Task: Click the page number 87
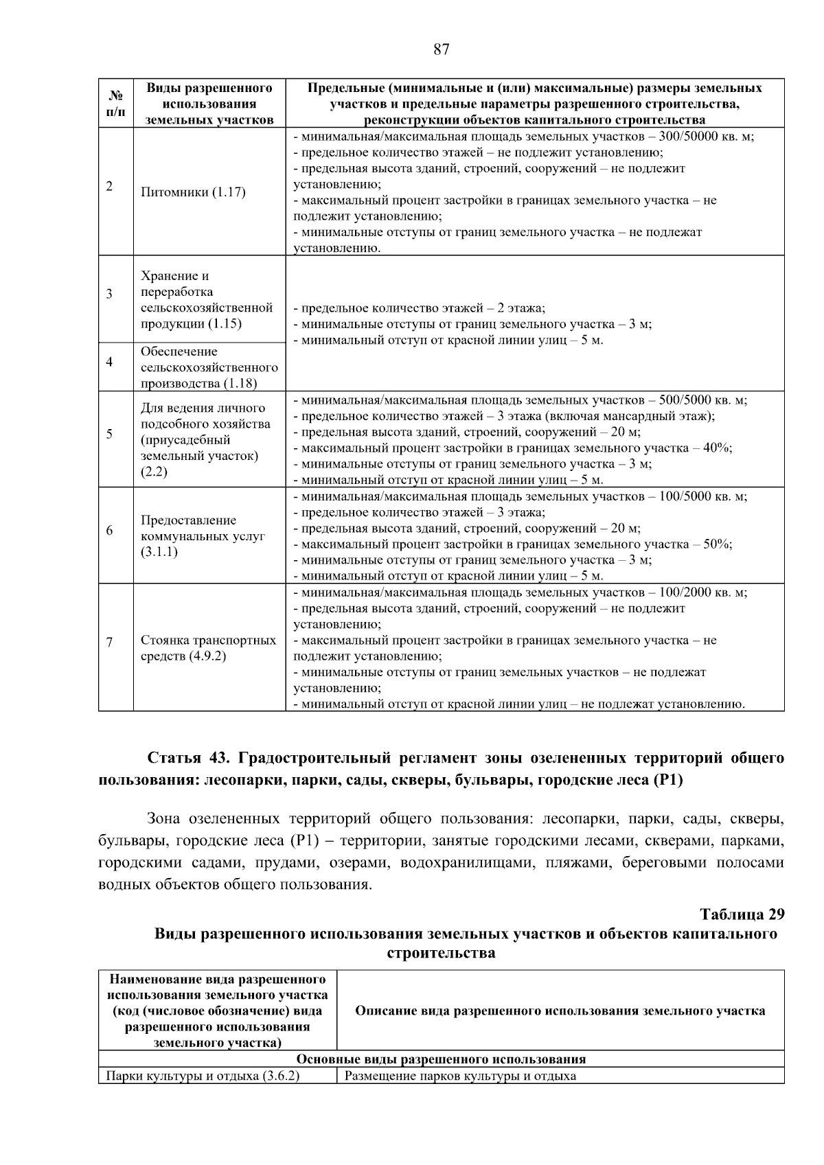tap(442, 49)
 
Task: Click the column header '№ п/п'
tap(115, 103)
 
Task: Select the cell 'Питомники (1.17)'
tap(193, 192)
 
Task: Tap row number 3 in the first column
tap(109, 294)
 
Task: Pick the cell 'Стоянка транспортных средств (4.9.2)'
tap(208, 648)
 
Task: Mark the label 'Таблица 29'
tap(742, 915)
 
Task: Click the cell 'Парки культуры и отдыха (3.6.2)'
tap(203, 1076)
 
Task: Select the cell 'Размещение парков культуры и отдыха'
tap(460, 1076)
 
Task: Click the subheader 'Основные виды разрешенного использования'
tap(441, 1059)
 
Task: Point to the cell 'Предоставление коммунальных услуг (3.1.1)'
tap(203, 536)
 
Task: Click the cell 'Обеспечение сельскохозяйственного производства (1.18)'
tap(209, 367)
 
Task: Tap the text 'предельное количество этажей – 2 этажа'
tap(419, 308)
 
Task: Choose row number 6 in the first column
tap(109, 531)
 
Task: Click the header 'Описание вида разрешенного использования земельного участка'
tap(560, 1011)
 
